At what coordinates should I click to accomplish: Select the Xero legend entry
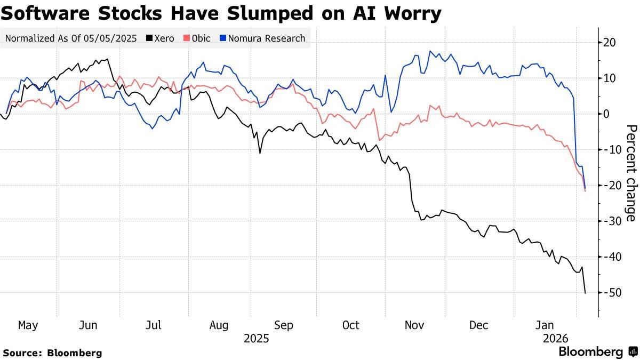pos(161,38)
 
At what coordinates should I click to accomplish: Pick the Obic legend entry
pos(197,38)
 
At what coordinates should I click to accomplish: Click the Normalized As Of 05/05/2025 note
pos(71,38)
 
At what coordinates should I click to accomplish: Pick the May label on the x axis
pos(28,325)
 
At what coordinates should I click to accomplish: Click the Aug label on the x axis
pos(219,325)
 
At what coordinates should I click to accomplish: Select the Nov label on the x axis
pos(415,325)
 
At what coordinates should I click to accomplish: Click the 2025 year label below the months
pos(256,338)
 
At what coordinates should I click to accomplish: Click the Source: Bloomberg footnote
pos(52,353)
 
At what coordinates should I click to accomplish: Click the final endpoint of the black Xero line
pos(585,293)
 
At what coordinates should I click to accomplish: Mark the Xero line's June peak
pos(107,59)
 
